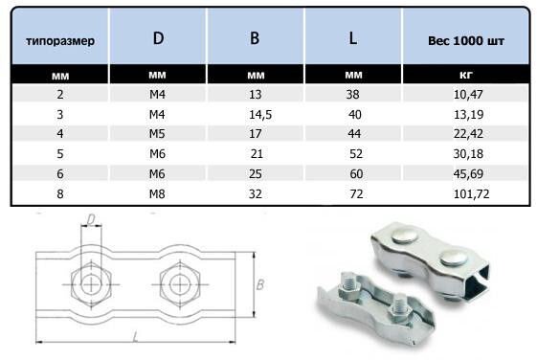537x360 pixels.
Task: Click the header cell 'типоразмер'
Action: click(60, 41)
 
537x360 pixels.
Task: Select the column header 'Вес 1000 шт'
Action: click(466, 41)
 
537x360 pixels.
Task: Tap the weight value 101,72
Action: click(471, 193)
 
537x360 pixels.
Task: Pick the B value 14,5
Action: click(260, 114)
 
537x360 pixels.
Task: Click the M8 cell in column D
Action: click(157, 193)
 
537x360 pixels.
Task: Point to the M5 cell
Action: click(157, 134)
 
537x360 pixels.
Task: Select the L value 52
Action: click(356, 154)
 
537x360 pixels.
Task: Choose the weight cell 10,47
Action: click(468, 94)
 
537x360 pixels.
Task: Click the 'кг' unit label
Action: click(466, 75)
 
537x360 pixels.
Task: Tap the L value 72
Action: click(356, 193)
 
